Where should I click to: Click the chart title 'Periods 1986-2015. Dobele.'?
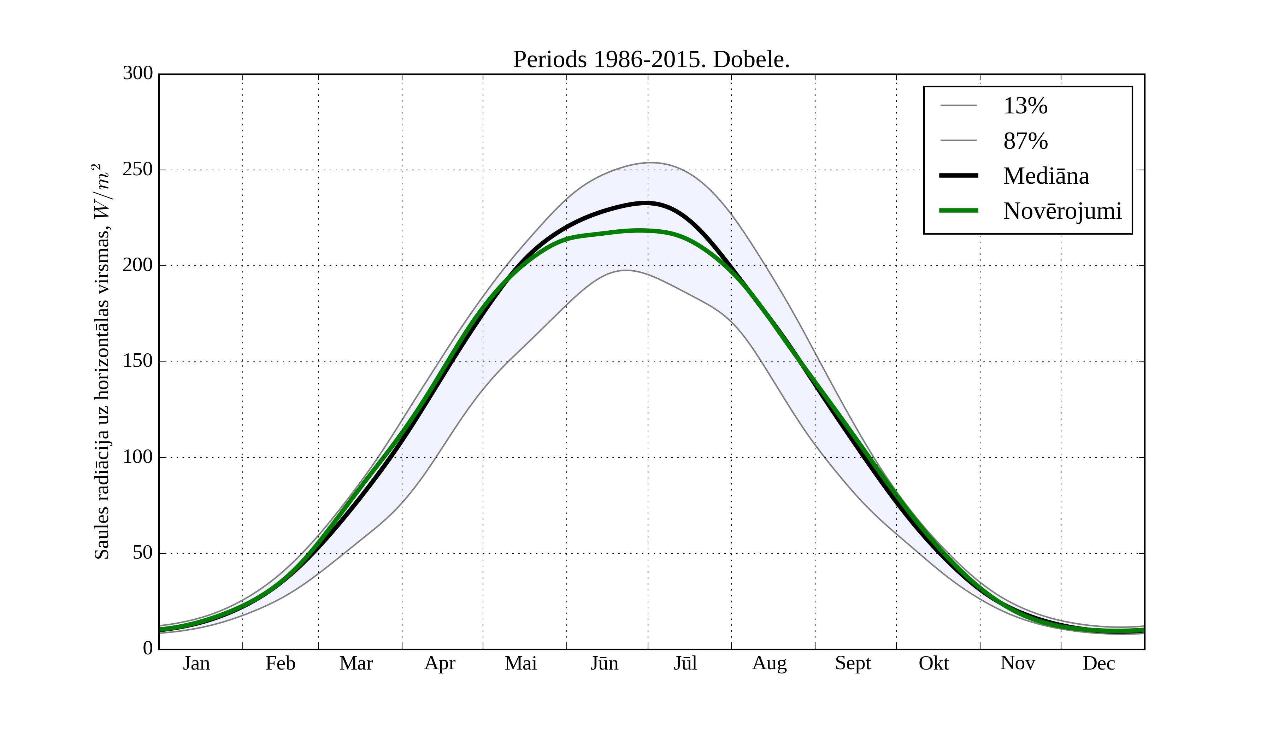point(651,60)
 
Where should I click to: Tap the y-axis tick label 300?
point(137,73)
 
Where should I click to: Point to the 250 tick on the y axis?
point(137,170)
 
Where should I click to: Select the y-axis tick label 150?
point(137,361)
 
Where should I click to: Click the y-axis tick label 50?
point(142,553)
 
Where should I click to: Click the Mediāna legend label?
point(1046,176)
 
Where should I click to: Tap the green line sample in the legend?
point(959,211)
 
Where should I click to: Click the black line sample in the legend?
point(959,176)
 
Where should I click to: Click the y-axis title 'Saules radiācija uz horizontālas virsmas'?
point(102,361)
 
